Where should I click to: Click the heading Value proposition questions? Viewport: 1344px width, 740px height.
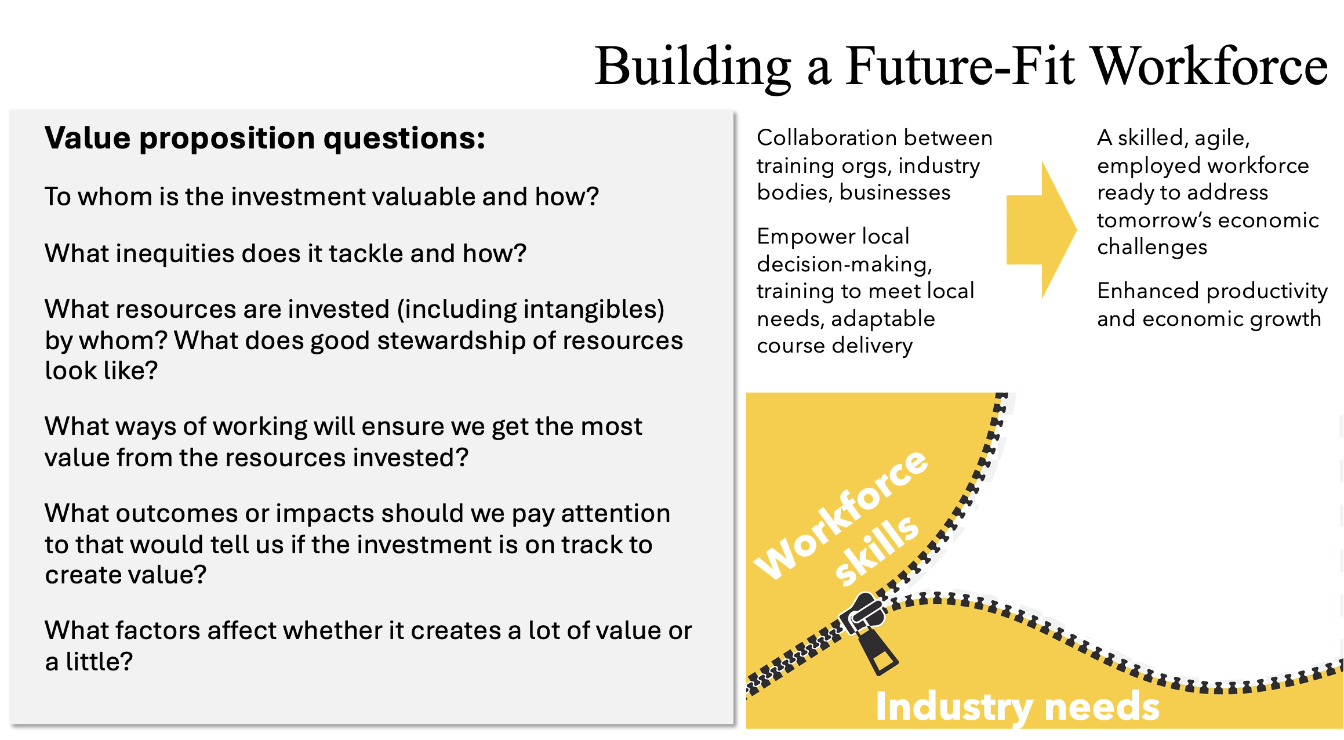[x=265, y=138]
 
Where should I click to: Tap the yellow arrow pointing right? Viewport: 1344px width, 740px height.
[x=1041, y=230]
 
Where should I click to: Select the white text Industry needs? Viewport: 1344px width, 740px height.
[x=1018, y=706]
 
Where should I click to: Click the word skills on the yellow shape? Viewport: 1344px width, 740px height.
[x=877, y=550]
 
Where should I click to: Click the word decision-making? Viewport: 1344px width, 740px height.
[x=845, y=264]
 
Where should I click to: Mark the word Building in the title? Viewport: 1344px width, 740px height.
[x=693, y=67]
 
